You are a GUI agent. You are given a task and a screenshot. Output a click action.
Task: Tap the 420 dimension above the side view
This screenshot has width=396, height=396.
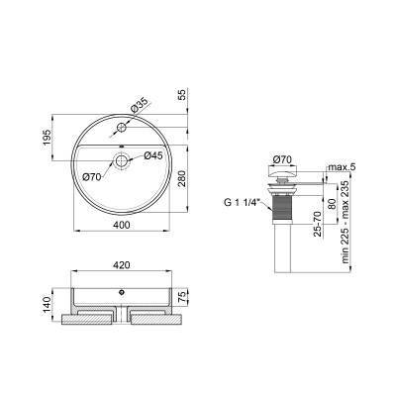click(121, 265)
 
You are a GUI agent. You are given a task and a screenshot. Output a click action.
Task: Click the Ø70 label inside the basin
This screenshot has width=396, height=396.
click(92, 177)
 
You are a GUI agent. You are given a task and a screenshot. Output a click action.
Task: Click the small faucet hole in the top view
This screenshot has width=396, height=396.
click(121, 127)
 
